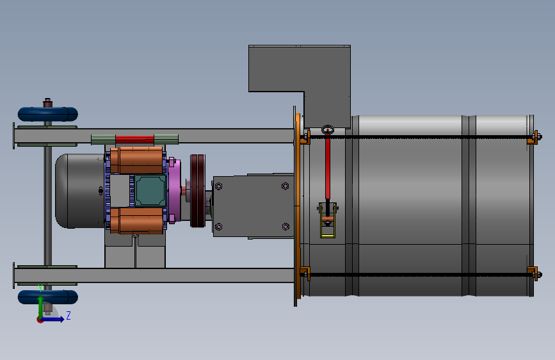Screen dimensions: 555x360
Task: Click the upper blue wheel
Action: (x=48, y=114)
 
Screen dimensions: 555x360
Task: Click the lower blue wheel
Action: (x=48, y=297)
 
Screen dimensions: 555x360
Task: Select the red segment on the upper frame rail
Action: (x=134, y=139)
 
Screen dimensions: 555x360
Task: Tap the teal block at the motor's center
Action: (x=150, y=190)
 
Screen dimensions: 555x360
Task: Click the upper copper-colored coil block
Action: (x=136, y=160)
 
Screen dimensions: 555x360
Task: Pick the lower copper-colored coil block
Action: (x=136, y=221)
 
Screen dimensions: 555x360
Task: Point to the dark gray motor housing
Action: (x=80, y=191)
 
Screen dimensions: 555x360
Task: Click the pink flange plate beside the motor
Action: (x=174, y=191)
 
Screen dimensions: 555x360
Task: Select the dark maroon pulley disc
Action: (x=198, y=191)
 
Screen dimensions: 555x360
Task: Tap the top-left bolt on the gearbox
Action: (x=218, y=186)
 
